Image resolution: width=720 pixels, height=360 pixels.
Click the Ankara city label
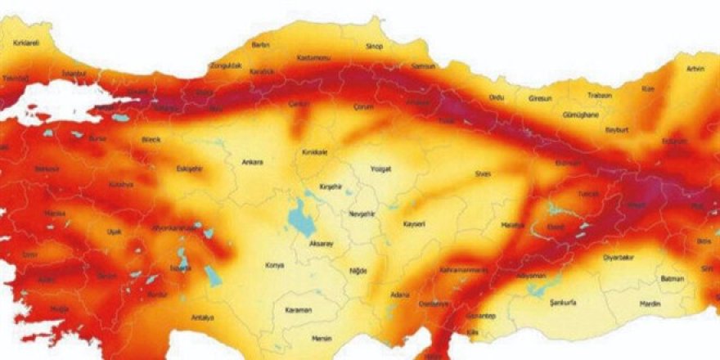point(253,162)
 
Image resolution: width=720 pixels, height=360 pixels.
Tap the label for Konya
point(275,265)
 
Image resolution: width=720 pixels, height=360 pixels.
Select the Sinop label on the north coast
point(375,47)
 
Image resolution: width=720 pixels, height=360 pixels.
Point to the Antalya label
point(202,317)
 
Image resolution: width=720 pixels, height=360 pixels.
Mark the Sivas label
point(481,173)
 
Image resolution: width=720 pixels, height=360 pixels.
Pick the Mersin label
point(322,336)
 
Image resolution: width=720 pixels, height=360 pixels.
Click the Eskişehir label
point(189,169)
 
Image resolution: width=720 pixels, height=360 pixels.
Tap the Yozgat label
point(381,169)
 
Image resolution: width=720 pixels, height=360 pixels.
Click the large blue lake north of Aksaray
point(301,218)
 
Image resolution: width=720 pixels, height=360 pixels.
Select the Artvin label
point(695,69)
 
